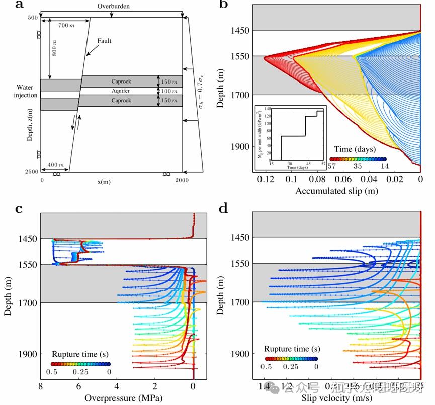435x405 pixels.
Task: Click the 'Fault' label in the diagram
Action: (104, 41)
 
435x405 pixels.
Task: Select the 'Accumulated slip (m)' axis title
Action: (336, 191)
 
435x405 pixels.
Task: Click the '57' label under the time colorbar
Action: (332, 166)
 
